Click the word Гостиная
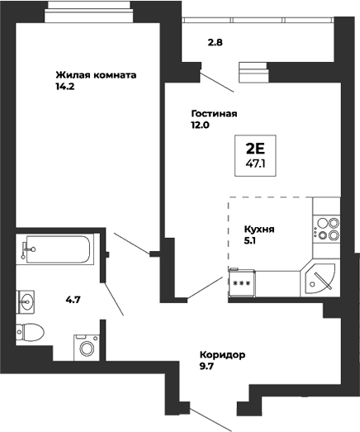[214, 114]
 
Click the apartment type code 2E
[255, 149]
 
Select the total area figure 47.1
[255, 164]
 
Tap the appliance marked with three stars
[242, 282]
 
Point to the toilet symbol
[31, 332]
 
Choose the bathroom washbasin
[28, 300]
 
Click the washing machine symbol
[86, 344]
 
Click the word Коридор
[222, 354]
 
